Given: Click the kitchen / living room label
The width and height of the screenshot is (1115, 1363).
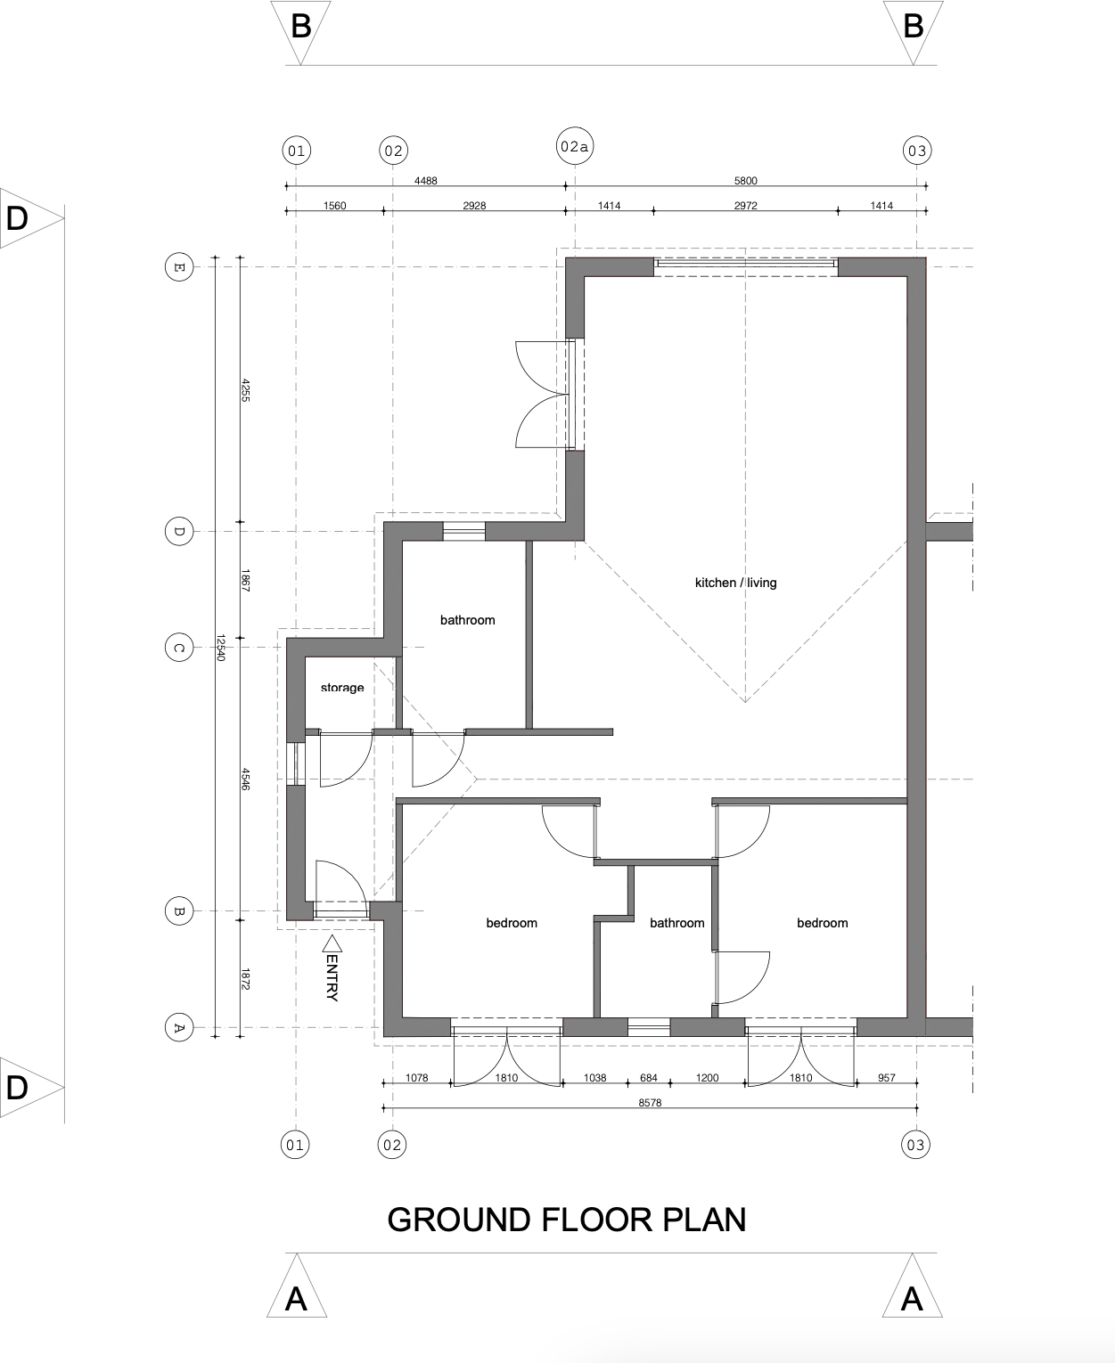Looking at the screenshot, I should (735, 583).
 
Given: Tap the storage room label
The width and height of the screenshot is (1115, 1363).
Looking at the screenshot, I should (342, 688).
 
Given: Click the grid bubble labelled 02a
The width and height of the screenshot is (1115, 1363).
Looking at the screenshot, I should (575, 146).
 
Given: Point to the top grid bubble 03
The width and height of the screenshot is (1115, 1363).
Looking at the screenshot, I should (916, 151).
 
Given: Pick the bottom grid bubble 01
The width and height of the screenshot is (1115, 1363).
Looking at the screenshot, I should (295, 1145).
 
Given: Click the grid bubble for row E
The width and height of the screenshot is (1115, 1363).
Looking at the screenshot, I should (178, 266).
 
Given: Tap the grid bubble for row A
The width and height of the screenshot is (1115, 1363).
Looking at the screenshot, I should (178, 1027).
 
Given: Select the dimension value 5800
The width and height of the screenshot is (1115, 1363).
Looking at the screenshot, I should (745, 181).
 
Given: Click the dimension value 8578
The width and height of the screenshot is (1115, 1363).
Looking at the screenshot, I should (650, 1103).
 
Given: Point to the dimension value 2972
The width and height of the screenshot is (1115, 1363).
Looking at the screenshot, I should (745, 206).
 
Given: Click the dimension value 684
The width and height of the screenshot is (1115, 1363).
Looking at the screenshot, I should (648, 1078).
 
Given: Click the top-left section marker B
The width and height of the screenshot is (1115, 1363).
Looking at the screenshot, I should (300, 27).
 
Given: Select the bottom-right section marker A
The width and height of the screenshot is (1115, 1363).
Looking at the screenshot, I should (912, 1296).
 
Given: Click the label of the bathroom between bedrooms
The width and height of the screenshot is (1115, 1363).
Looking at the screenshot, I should (676, 923).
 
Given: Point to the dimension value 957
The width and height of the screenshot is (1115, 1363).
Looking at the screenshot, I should (886, 1078).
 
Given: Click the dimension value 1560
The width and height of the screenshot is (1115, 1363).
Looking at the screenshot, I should (334, 206).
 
